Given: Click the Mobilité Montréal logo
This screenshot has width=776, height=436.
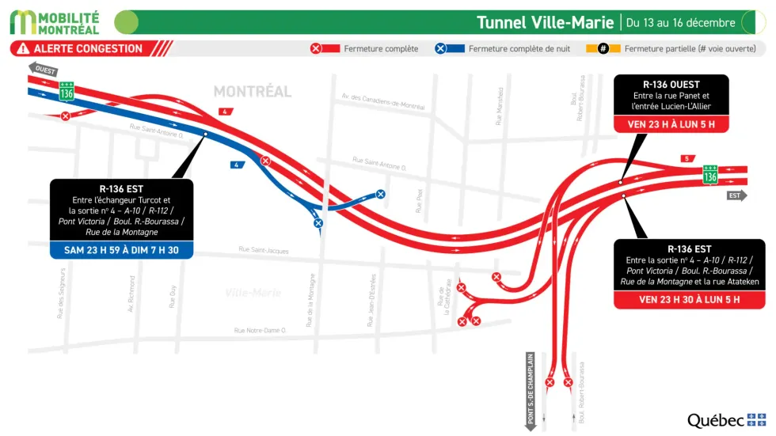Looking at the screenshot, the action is [x=55, y=22].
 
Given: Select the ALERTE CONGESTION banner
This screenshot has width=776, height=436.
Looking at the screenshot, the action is [x=89, y=48].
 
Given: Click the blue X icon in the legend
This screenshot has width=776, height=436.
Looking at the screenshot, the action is [x=440, y=49].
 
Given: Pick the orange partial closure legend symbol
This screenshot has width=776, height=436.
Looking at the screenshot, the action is [x=603, y=49].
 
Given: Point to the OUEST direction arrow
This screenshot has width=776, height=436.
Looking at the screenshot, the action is [x=44, y=69].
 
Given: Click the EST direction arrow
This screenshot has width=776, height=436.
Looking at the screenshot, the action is [x=736, y=195].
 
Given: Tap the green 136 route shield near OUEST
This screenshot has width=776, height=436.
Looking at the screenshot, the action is [x=67, y=93].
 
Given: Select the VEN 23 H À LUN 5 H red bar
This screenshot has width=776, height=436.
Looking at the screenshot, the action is [x=669, y=124].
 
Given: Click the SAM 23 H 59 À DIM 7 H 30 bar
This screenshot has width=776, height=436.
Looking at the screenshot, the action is [x=121, y=250].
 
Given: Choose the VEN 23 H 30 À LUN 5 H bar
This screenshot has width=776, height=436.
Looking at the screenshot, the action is [x=689, y=300].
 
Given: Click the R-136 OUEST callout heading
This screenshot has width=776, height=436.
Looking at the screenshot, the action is [x=669, y=84].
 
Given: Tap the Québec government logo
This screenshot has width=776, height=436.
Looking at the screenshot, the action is [x=726, y=420].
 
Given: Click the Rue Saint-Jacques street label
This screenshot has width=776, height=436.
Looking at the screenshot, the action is [x=264, y=251].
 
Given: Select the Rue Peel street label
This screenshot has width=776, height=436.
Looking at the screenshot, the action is [x=420, y=202].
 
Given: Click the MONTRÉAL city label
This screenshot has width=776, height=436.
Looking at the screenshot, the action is [x=253, y=92].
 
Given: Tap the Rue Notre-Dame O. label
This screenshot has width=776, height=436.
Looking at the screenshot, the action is [x=260, y=330].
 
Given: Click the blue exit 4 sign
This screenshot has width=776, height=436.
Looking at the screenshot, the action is [x=235, y=165].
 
